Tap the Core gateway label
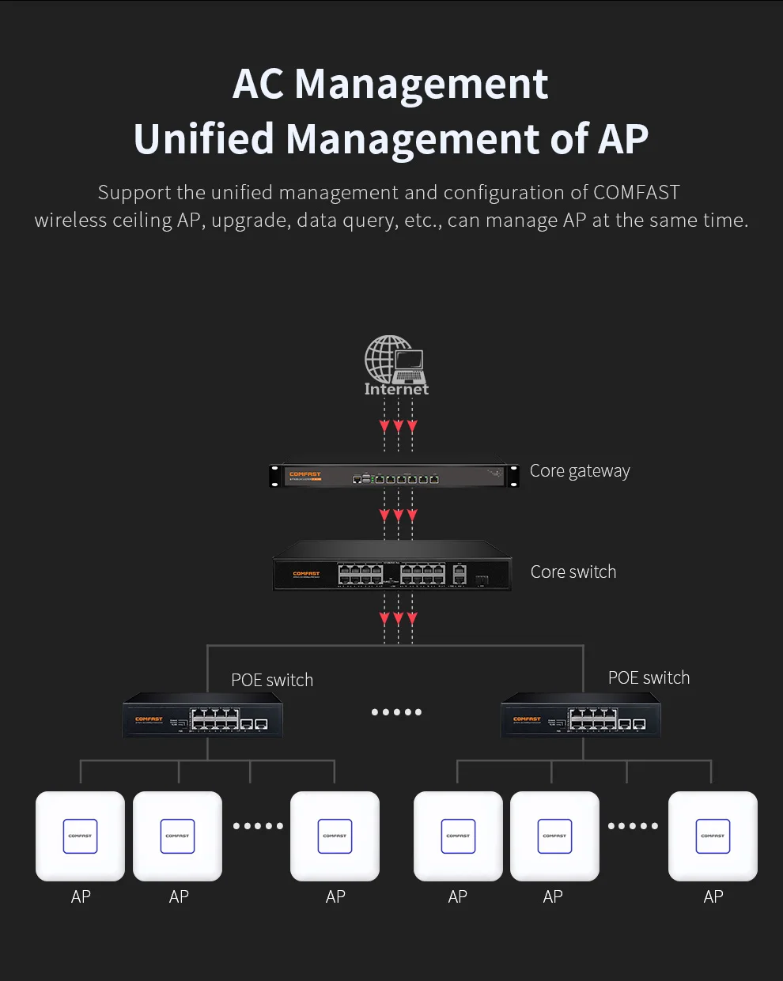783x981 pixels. [x=580, y=471]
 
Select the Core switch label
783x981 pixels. [x=573, y=572]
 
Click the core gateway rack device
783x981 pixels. [x=394, y=476]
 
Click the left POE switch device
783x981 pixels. [x=203, y=715]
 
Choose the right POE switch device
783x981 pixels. [x=581, y=715]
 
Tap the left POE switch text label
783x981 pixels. [x=272, y=680]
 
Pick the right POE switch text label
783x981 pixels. [x=649, y=677]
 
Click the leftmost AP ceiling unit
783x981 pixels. [x=81, y=836]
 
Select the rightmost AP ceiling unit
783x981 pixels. [x=713, y=836]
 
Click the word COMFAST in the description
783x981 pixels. [x=636, y=193]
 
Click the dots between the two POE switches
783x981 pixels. [x=396, y=712]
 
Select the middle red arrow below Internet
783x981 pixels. [x=398, y=427]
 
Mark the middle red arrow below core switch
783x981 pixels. [x=398, y=618]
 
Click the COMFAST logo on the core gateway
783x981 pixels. [x=305, y=474]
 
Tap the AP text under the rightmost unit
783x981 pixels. [x=713, y=896]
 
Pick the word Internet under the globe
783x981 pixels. [x=396, y=389]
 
